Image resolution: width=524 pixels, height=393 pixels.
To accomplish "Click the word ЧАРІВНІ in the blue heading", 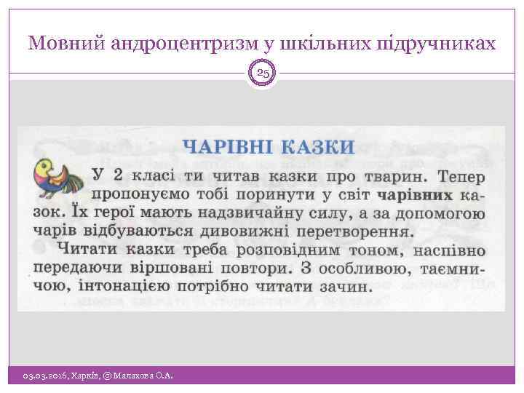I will [x=223, y=146].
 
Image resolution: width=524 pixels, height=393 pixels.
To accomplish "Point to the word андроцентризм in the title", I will [x=182, y=44].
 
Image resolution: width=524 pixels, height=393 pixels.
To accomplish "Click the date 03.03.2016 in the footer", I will [x=44, y=375].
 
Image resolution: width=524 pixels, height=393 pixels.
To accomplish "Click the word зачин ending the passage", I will [x=346, y=285].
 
